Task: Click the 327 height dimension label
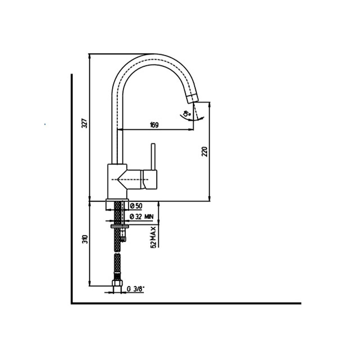click(85, 123)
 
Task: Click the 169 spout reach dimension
click(154, 125)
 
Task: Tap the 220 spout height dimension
click(204, 152)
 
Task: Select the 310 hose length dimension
click(85, 239)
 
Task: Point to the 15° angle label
click(186, 113)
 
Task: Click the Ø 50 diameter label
click(136, 206)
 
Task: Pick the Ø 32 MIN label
click(141, 216)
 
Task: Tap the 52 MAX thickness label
click(153, 237)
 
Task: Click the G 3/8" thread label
click(135, 289)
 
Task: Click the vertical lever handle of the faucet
click(153, 157)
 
